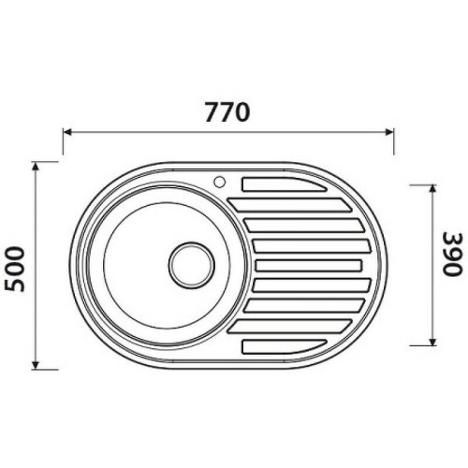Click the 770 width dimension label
pyautogui.click(x=227, y=113)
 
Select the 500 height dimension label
pyautogui.click(x=14, y=265)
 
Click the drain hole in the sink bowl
pyautogui.click(x=192, y=264)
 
